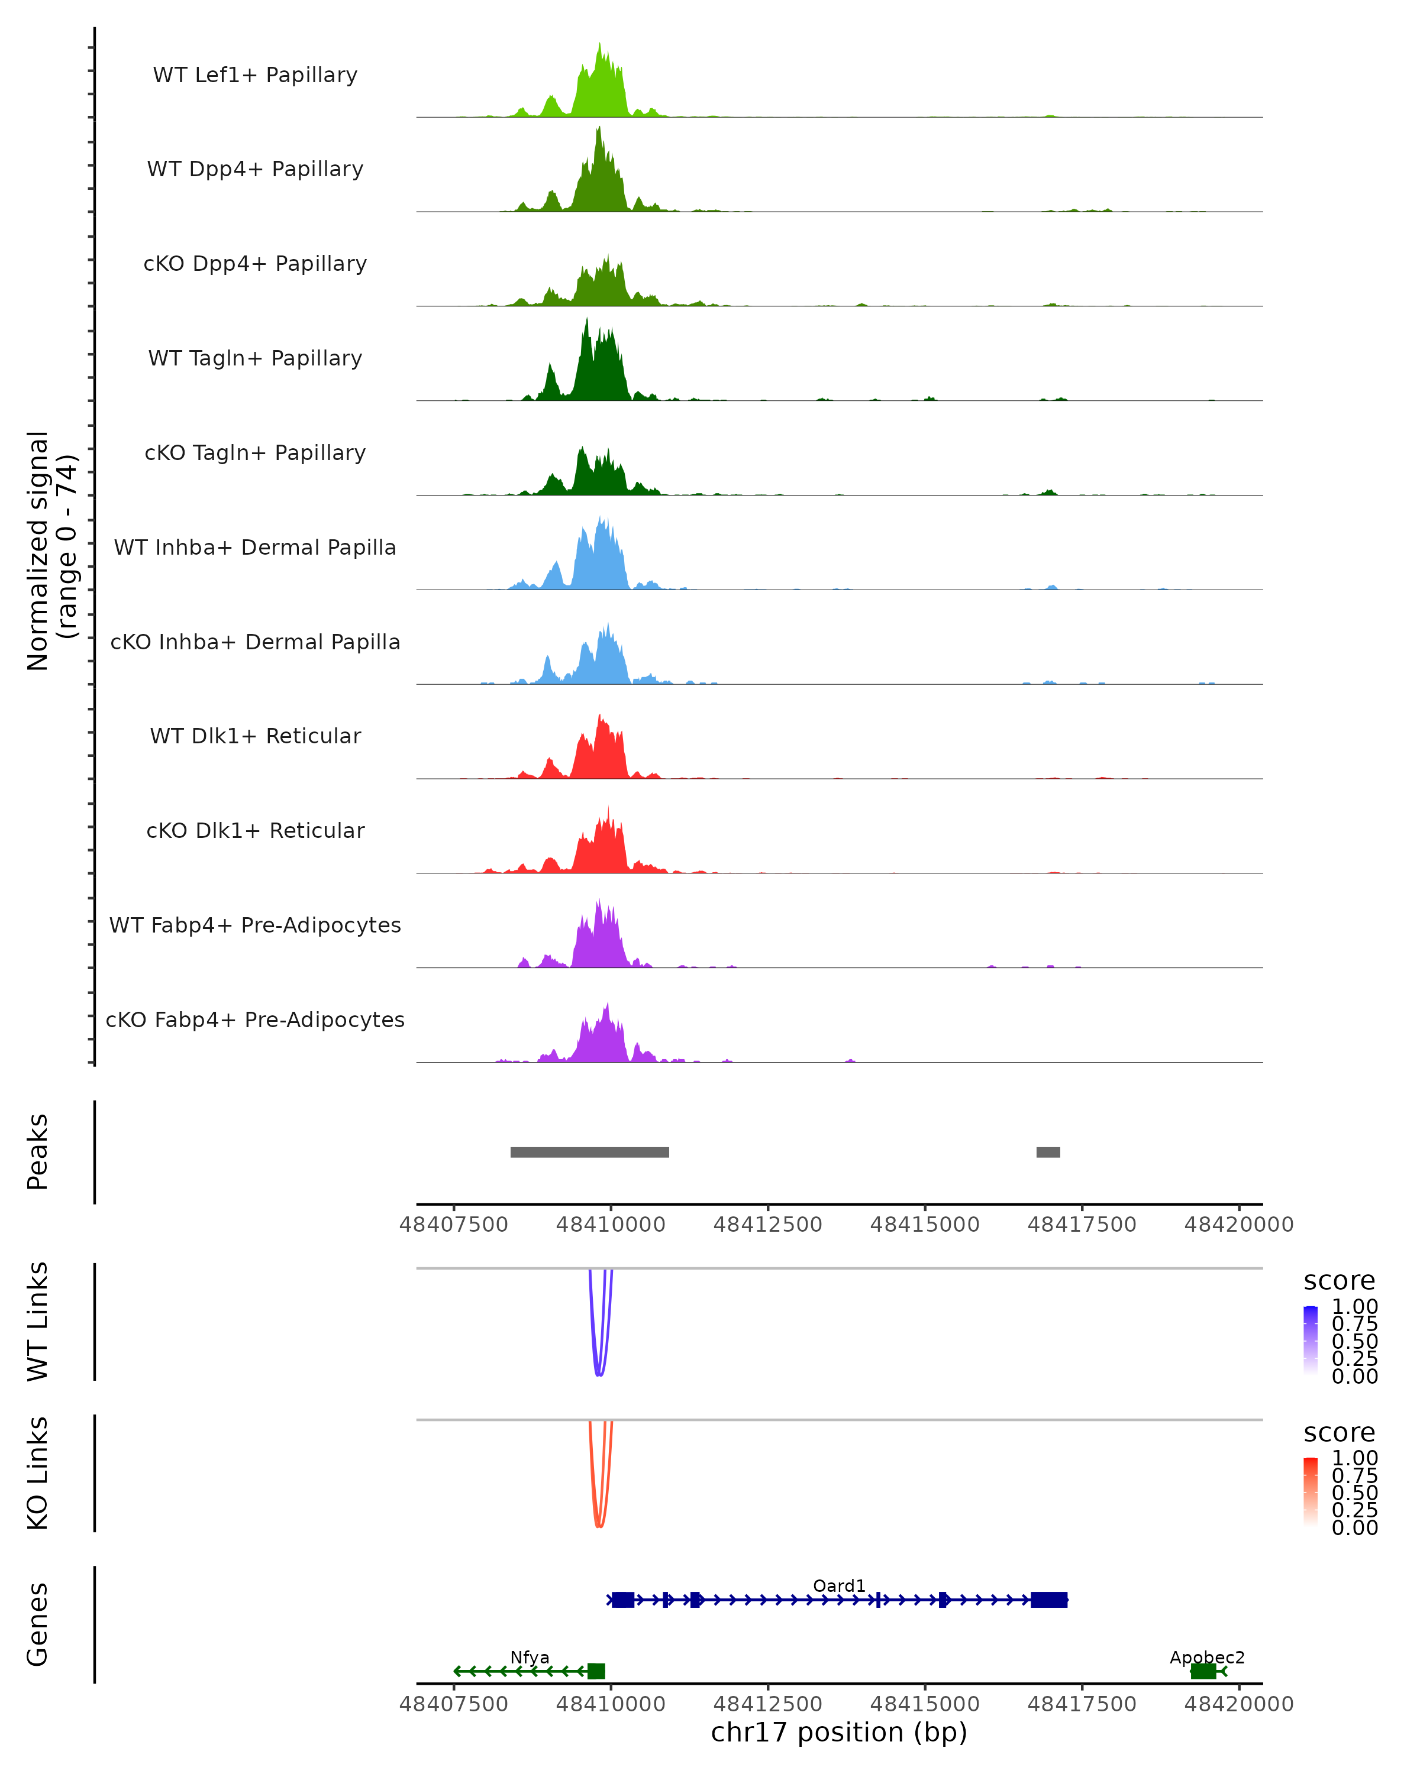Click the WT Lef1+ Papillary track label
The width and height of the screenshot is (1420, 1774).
tap(255, 75)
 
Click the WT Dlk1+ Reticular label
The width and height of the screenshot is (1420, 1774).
tap(255, 736)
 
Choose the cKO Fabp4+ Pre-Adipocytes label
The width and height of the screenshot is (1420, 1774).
tap(255, 1019)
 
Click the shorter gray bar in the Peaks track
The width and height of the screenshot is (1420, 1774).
tap(1048, 1152)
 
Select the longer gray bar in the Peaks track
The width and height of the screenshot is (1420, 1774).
tap(589, 1152)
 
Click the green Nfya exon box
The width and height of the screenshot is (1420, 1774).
tap(596, 1671)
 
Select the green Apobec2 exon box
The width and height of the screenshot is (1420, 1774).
tap(1203, 1671)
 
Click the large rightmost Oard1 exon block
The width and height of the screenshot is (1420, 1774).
tap(1049, 1600)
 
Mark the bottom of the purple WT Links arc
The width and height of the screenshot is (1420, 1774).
tap(599, 1375)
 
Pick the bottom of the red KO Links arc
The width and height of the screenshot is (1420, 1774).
tap(599, 1526)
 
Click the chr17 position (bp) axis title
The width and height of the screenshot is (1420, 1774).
tap(839, 1733)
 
